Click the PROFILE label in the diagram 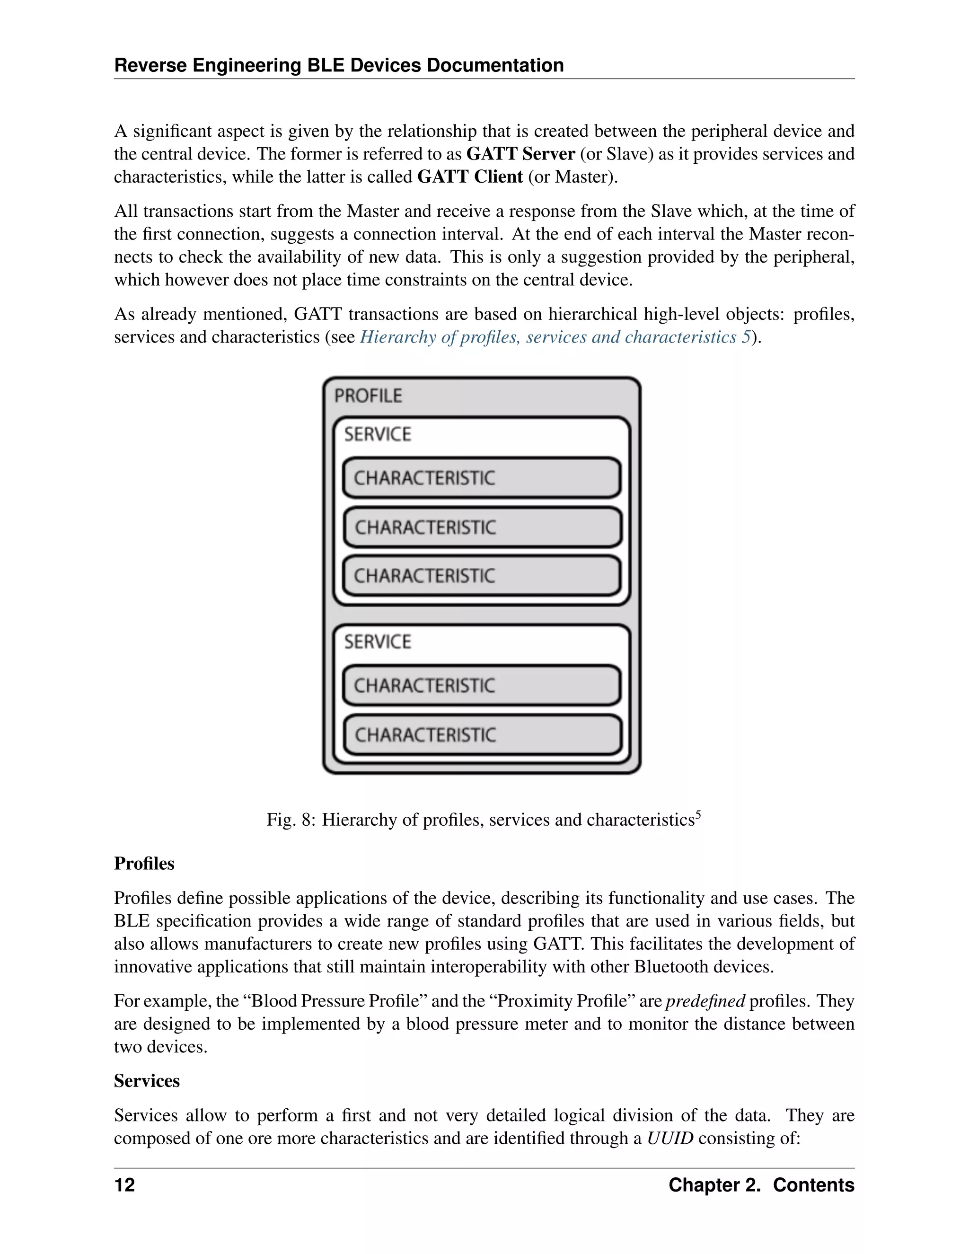[368, 396]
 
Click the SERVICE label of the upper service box [377, 434]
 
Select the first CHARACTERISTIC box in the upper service [482, 478]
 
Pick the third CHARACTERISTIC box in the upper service [482, 576]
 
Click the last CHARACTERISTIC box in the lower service [482, 734]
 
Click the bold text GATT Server [520, 154]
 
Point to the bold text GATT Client [469, 177]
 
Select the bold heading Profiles [144, 864]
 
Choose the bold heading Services [147, 1081]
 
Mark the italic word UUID [670, 1138]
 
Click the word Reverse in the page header [150, 65]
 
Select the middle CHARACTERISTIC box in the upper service [482, 527]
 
